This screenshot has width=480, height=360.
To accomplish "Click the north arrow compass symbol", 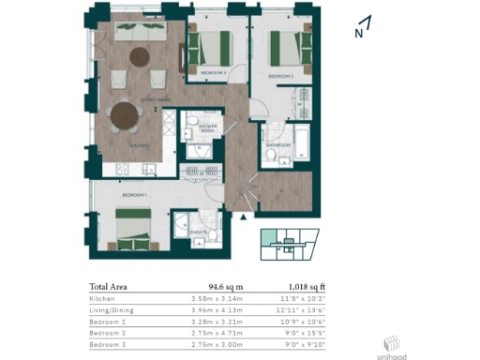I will pyautogui.click(x=364, y=27).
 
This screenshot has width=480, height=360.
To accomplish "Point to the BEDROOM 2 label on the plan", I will pyautogui.click(x=281, y=75).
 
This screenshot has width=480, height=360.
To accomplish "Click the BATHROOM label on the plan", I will pyautogui.click(x=278, y=144).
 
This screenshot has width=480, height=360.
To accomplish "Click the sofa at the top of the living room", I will pyautogui.click(x=141, y=30).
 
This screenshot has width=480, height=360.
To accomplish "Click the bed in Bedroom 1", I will pyautogui.click(x=134, y=228).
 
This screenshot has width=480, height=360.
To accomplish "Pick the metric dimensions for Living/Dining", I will pyautogui.click(x=215, y=309).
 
